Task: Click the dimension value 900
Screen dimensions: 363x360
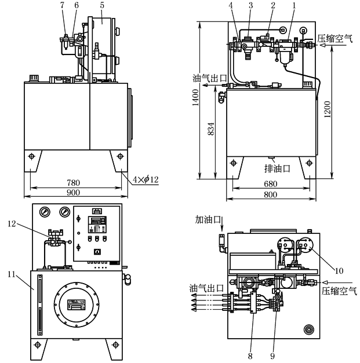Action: click(x=72, y=193)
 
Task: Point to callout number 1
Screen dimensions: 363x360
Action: click(x=294, y=5)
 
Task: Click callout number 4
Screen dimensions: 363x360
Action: click(x=231, y=5)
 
